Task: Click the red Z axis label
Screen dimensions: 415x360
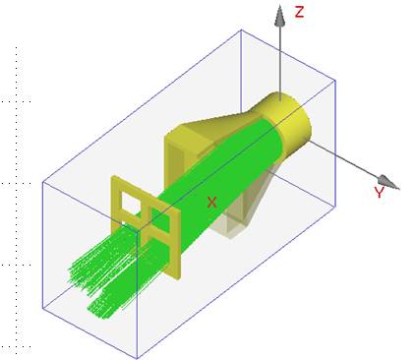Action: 299,12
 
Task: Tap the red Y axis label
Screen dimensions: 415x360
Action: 379,192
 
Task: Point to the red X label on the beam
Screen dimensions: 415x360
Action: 212,203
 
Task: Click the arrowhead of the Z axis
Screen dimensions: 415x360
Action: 279,16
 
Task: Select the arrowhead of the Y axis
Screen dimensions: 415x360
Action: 388,182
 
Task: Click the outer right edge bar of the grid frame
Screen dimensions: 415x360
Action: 177,245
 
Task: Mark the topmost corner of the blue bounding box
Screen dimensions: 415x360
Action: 242,30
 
